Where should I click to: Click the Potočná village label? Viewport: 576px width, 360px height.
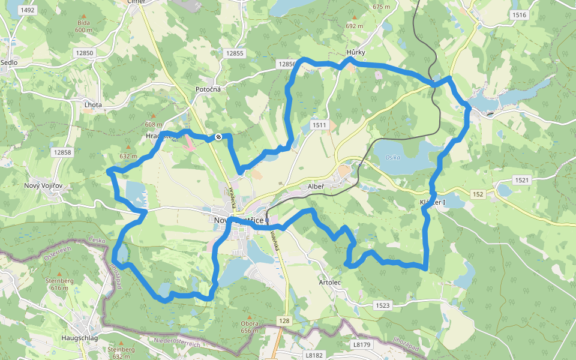(x=208, y=89)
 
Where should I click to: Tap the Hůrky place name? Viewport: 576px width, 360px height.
(x=356, y=53)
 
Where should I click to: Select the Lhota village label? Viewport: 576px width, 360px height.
(x=93, y=104)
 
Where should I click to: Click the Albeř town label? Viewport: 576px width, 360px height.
(x=316, y=187)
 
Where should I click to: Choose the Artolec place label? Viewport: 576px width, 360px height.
(x=330, y=282)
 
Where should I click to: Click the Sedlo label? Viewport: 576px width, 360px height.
(x=9, y=62)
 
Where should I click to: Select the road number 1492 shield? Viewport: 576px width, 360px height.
(x=27, y=10)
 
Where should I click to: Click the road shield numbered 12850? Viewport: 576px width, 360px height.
(x=85, y=53)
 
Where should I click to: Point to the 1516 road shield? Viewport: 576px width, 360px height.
(x=520, y=15)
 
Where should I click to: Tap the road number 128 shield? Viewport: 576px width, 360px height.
(x=284, y=321)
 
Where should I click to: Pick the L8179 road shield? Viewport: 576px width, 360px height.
(x=362, y=344)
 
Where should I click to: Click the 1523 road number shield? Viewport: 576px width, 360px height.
(x=383, y=305)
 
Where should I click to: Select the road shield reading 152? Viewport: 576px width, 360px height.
(x=478, y=194)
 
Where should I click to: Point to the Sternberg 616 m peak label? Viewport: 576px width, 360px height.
(x=59, y=284)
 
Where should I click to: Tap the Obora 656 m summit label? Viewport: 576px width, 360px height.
(x=250, y=327)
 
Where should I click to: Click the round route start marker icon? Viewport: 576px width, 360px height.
(x=218, y=137)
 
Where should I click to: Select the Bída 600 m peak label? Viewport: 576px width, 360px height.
(x=83, y=25)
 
